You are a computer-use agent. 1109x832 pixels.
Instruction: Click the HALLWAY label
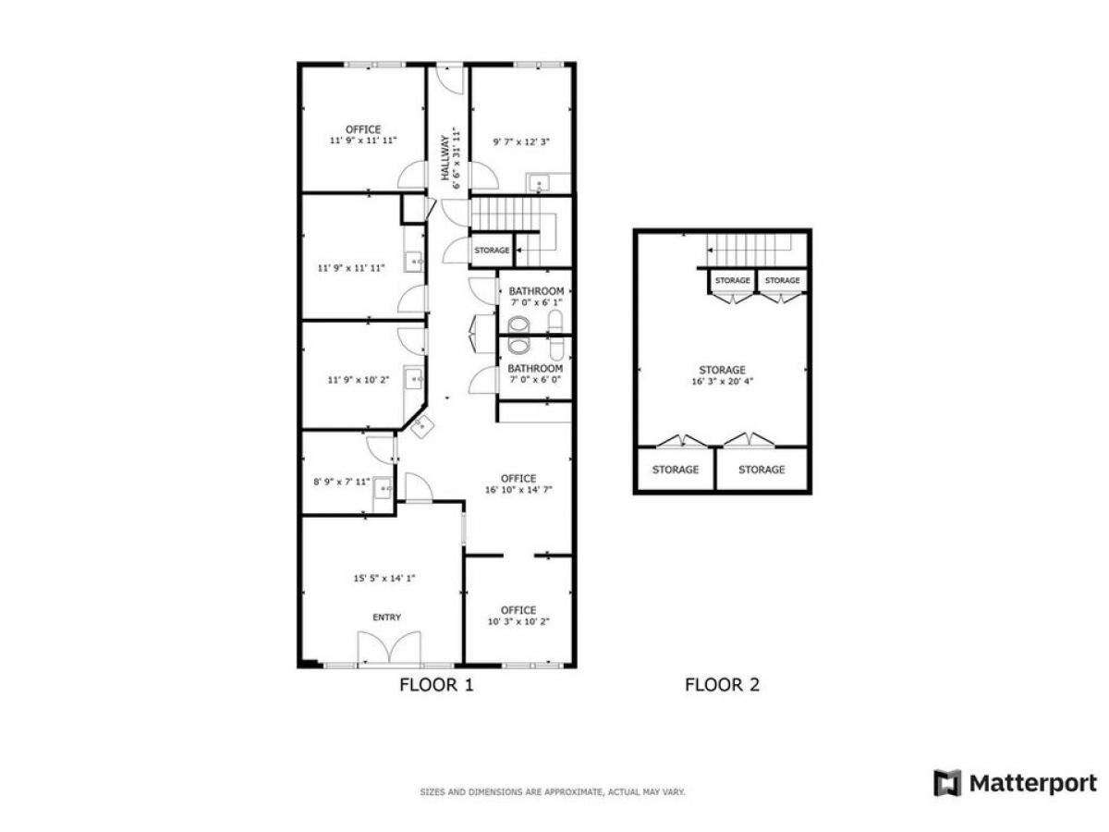point(445,157)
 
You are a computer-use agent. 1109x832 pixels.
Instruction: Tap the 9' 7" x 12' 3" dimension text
point(521,142)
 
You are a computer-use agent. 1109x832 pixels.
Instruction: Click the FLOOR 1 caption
point(436,685)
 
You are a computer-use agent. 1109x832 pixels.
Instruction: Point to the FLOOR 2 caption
point(722,685)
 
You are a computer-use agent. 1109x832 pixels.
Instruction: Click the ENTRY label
point(386,618)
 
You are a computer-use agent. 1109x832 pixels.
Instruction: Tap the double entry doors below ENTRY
point(389,647)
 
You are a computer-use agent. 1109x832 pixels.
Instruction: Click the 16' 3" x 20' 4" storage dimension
point(722,382)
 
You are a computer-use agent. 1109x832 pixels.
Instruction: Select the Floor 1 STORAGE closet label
point(492,250)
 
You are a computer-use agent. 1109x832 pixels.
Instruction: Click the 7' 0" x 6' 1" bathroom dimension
point(536,302)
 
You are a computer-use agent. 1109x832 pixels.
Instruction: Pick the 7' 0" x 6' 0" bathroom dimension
point(535,380)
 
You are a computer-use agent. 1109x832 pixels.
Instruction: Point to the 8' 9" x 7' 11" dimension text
point(342,482)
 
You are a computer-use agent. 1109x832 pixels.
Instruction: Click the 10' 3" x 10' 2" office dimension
point(518,622)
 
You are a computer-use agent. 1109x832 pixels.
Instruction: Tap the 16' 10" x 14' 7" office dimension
point(518,490)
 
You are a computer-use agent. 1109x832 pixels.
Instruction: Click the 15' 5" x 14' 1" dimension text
point(384,579)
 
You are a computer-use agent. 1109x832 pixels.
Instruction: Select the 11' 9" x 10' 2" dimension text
point(359,380)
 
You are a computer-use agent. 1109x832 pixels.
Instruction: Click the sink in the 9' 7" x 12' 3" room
point(539,183)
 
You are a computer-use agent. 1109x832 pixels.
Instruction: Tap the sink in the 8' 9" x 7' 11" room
point(383,488)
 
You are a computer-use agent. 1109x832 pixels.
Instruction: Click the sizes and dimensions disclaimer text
point(553,792)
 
